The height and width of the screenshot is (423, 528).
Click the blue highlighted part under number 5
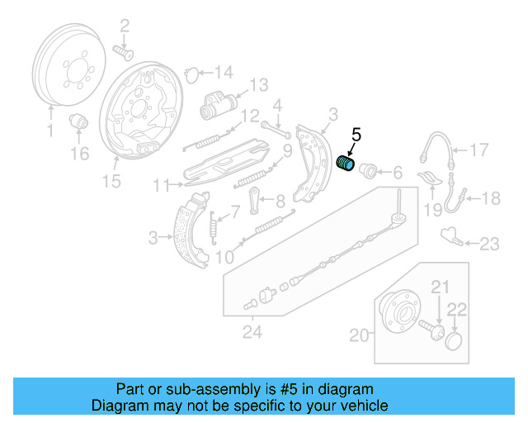(347, 165)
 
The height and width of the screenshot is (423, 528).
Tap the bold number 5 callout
(356, 134)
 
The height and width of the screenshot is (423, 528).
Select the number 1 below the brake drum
(49, 131)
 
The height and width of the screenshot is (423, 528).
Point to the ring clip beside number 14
(190, 74)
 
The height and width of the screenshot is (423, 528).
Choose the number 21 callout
(441, 287)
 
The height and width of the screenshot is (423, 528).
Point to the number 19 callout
(433, 211)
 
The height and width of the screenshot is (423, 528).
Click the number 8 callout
(280, 200)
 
